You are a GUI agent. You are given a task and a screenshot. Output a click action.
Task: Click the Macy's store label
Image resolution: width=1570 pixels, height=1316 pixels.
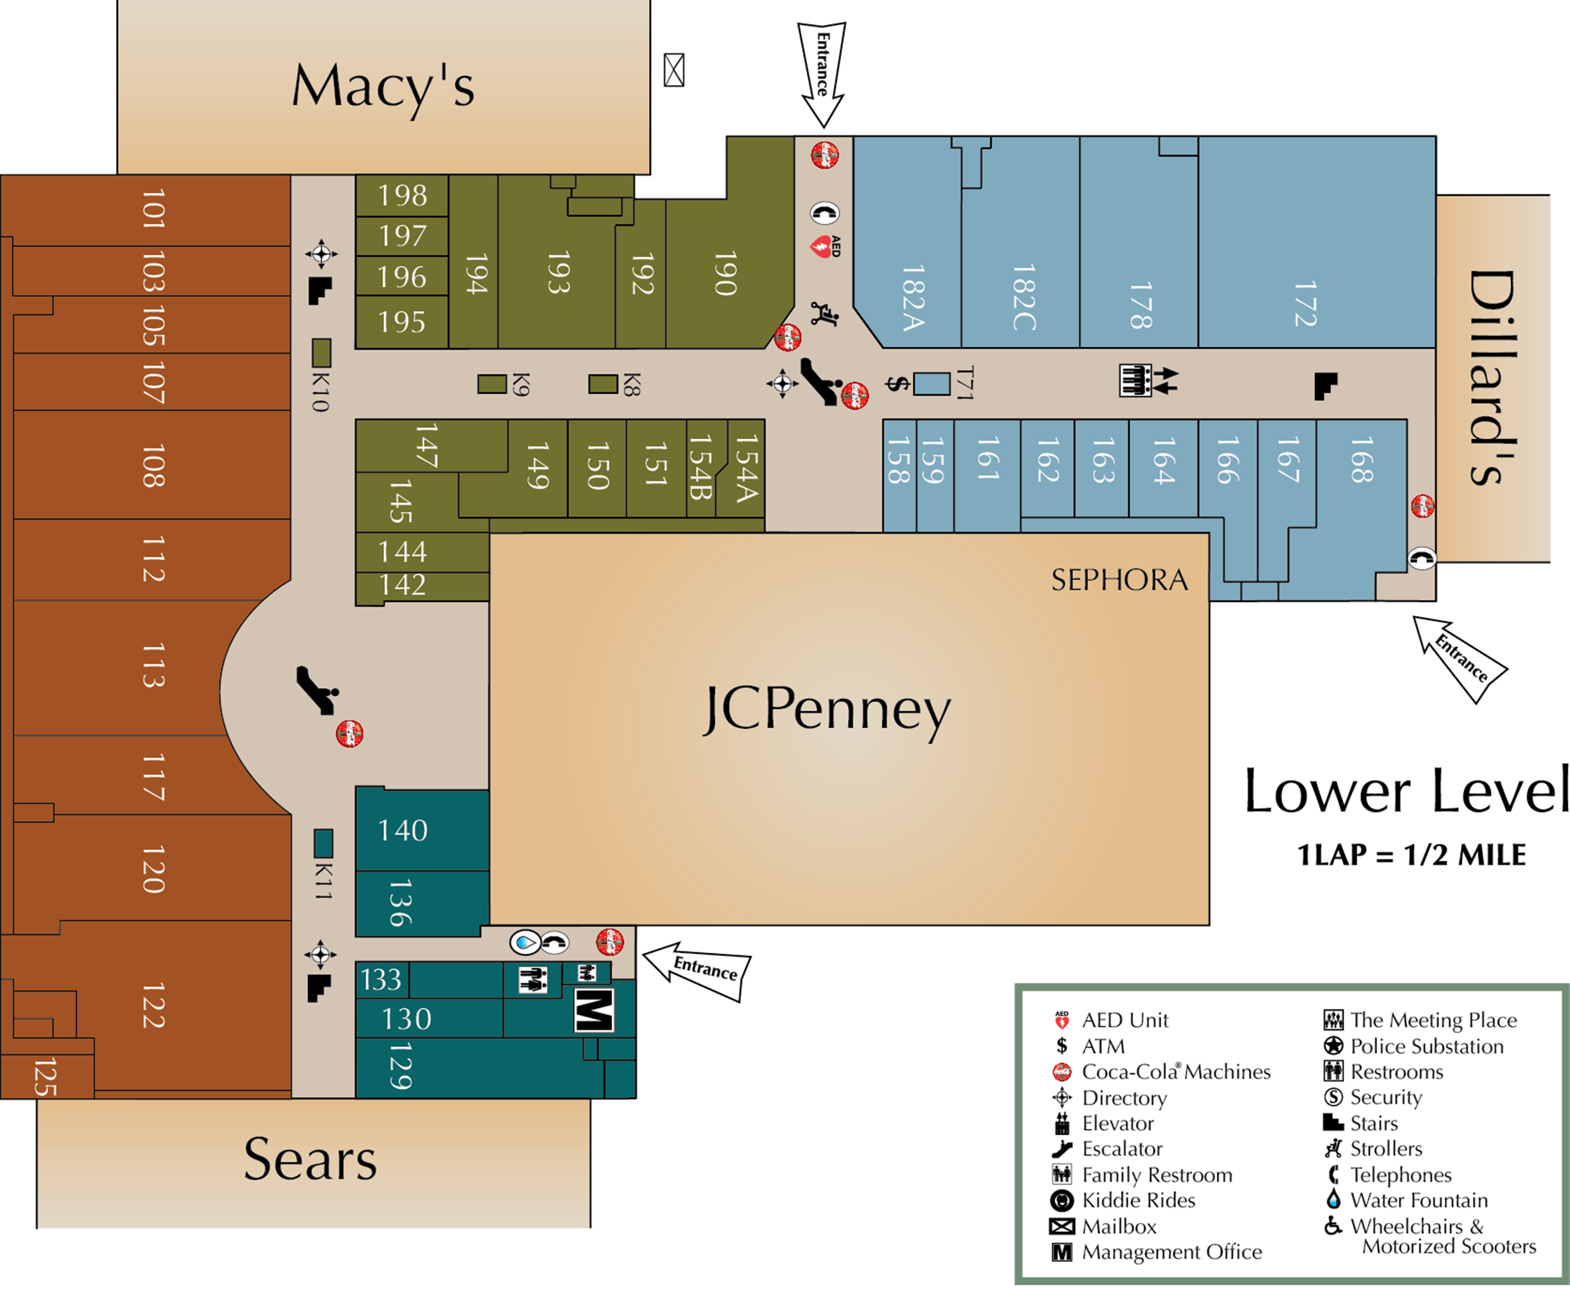(x=383, y=87)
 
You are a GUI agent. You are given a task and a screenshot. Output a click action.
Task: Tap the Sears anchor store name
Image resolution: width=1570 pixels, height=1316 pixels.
(x=310, y=1160)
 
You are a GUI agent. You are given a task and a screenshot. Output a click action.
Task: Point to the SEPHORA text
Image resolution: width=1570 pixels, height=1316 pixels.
(x=1119, y=580)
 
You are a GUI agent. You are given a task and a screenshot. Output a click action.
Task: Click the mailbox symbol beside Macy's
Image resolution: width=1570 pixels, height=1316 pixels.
(x=674, y=70)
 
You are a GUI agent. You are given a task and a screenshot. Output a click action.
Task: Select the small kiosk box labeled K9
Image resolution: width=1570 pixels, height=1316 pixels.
(x=492, y=384)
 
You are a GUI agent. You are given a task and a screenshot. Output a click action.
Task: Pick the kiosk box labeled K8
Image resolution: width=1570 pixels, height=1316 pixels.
(x=602, y=384)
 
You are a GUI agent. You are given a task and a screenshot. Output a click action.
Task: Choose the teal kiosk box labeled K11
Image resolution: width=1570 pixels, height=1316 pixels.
(x=323, y=843)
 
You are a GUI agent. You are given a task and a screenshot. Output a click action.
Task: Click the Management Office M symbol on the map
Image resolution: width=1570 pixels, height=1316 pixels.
(x=594, y=1010)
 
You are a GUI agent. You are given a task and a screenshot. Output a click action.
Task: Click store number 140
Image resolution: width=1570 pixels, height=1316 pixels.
(x=403, y=830)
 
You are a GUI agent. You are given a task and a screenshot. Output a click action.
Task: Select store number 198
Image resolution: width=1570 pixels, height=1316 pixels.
(x=402, y=196)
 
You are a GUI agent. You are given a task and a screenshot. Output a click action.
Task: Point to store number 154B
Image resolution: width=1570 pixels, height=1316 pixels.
(x=700, y=468)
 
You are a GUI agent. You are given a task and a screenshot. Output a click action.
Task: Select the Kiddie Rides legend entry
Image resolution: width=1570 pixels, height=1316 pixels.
(x=1138, y=1200)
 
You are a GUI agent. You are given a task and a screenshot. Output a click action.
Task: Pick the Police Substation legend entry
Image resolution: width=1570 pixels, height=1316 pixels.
(x=1426, y=1046)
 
